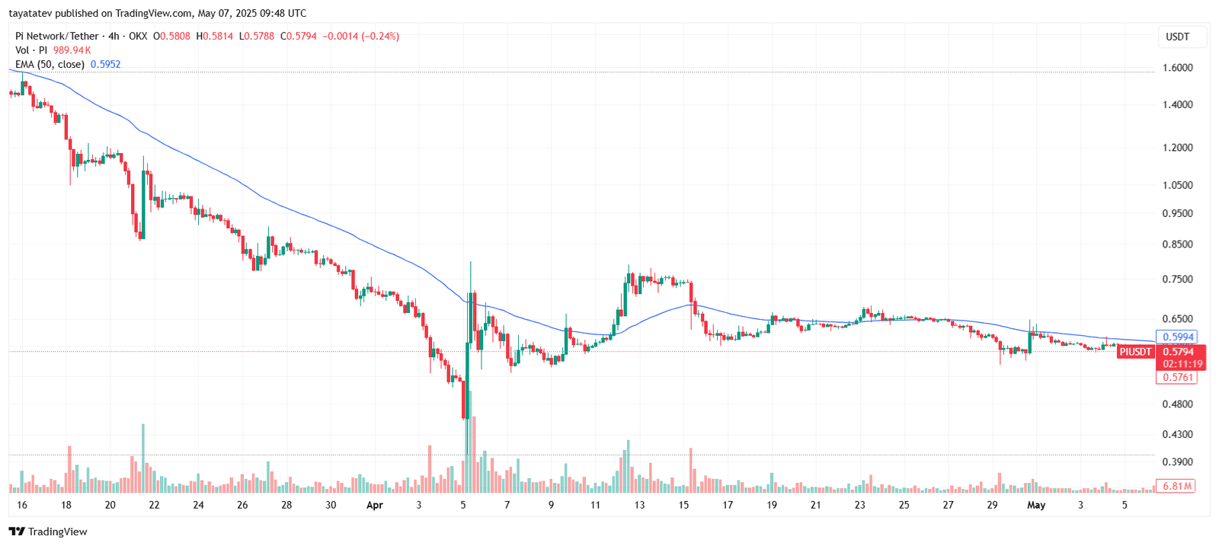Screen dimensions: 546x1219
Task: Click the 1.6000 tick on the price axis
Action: tap(1177, 68)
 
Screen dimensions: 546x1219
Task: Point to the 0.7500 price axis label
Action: tap(1177, 279)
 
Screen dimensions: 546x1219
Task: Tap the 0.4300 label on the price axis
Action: tap(1177, 435)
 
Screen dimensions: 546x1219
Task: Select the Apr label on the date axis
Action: tap(374, 505)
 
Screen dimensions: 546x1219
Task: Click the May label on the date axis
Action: tap(1036, 505)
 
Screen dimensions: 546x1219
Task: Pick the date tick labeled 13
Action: tap(639, 505)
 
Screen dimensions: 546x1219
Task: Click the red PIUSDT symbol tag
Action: tap(1135, 352)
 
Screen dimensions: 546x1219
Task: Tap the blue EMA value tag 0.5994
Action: tap(1177, 337)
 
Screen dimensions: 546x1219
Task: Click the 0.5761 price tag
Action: tap(1177, 378)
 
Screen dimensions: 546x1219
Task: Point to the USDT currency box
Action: tap(1177, 37)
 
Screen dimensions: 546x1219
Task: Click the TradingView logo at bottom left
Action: tap(48, 532)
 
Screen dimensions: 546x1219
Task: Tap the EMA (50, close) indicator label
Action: tap(50, 65)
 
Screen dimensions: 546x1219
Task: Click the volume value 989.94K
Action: tap(72, 50)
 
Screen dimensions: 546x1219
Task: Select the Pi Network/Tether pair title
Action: tap(57, 36)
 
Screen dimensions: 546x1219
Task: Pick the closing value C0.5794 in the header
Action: tap(298, 36)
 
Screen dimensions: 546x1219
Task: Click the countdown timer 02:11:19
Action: tap(1182, 364)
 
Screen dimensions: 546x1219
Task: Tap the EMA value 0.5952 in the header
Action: tap(105, 65)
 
